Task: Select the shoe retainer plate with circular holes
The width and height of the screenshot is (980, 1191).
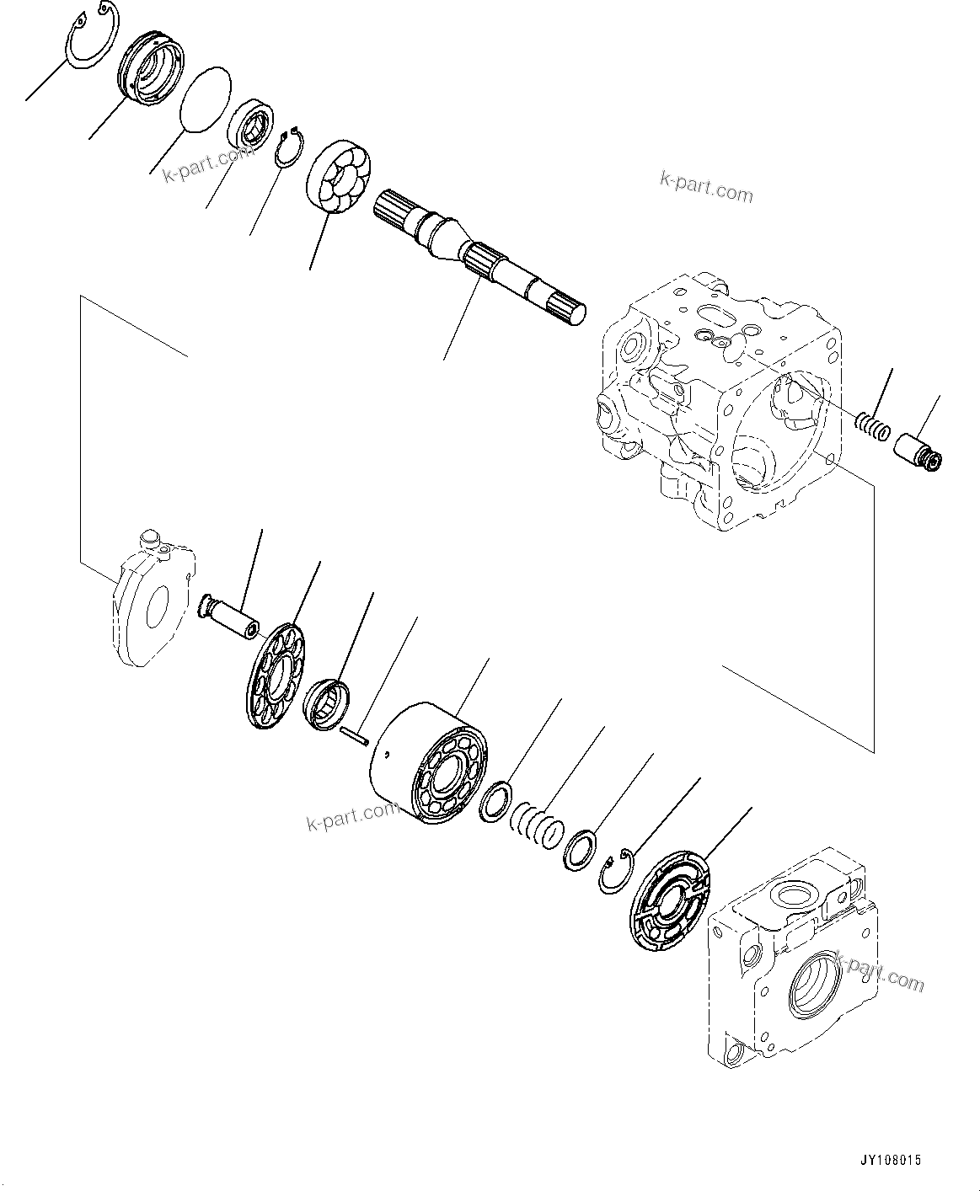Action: (275, 674)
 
